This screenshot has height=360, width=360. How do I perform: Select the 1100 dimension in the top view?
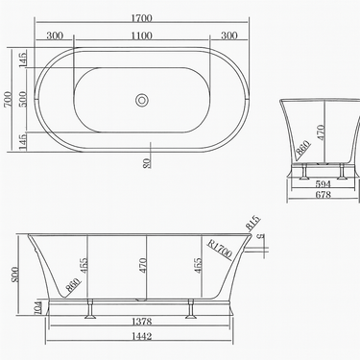pyautogui.click(x=144, y=36)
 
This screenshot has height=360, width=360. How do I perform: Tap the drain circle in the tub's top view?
pyautogui.click(x=144, y=100)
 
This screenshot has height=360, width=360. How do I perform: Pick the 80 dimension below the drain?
pyautogui.click(x=147, y=162)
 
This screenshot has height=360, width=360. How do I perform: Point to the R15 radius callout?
pyautogui.click(x=254, y=225)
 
